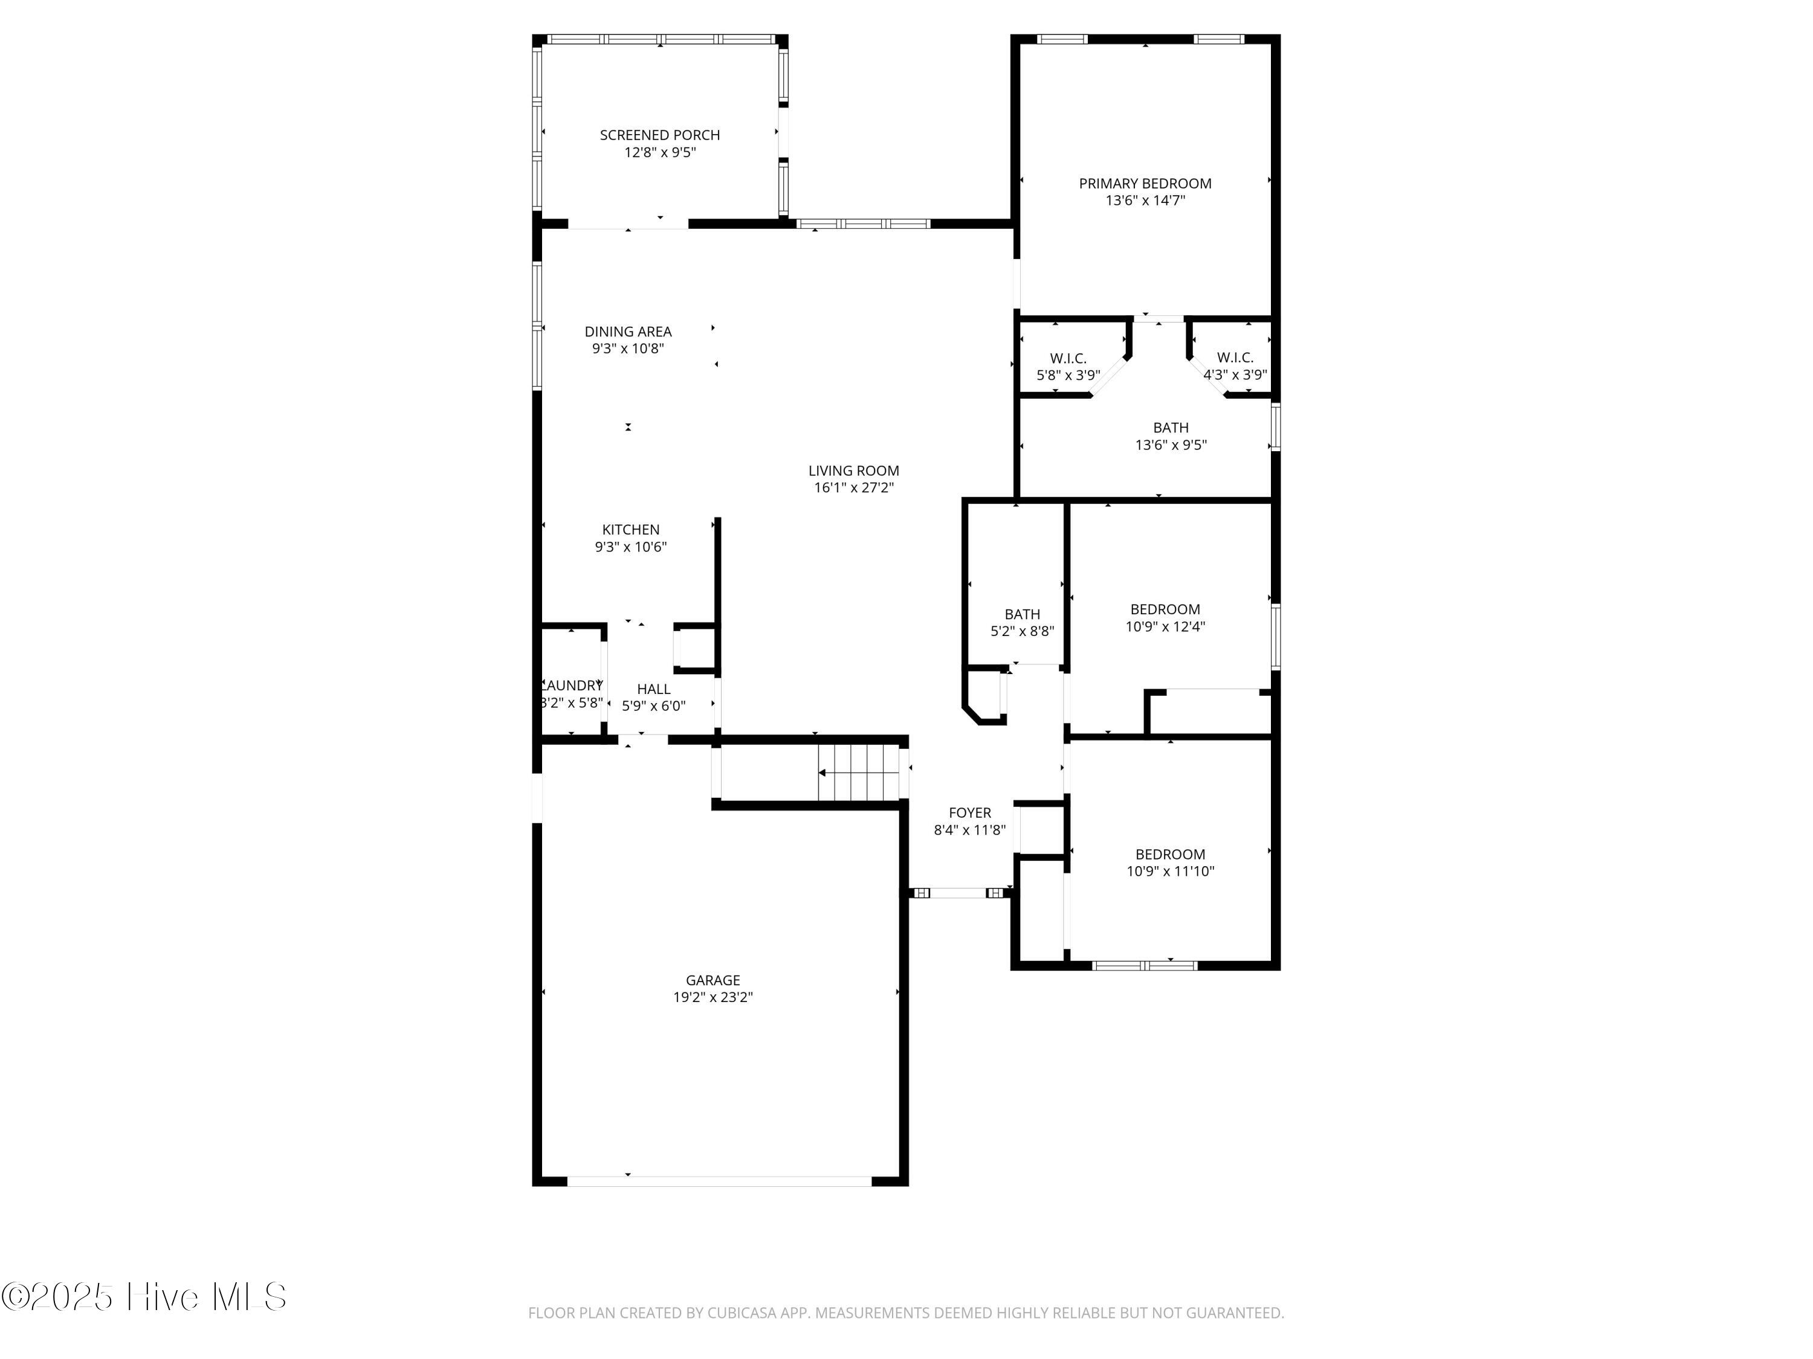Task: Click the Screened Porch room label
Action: [x=660, y=135]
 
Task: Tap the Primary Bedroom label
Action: [x=1145, y=184]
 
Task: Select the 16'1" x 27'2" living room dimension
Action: [x=853, y=488]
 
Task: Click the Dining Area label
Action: [x=628, y=332]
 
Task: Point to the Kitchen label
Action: [x=630, y=530]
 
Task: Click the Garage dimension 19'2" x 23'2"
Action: [x=713, y=998]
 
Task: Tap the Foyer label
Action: [x=969, y=812]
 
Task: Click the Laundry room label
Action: [x=572, y=686]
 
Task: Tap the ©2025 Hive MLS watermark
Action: [x=144, y=1297]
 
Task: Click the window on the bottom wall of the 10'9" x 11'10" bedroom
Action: [x=1145, y=965]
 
